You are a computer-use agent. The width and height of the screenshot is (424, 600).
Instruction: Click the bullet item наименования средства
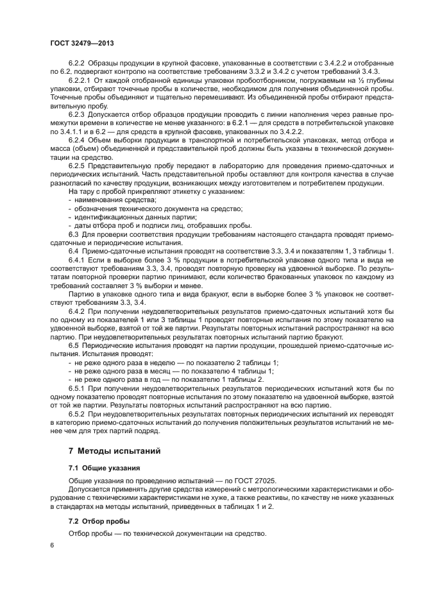click(x=115, y=200)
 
